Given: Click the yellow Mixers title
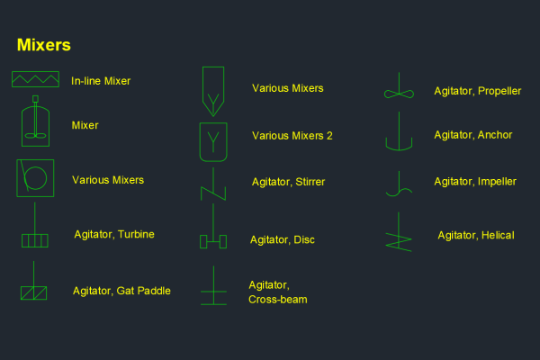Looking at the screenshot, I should [x=44, y=45].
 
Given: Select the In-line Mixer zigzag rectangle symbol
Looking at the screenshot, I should [x=35, y=80].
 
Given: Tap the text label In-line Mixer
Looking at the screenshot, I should [x=101, y=81].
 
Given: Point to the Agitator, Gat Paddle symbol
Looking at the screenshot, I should [x=33, y=288].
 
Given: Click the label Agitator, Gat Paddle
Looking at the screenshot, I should [x=121, y=291].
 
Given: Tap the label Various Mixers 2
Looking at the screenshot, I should [x=292, y=136].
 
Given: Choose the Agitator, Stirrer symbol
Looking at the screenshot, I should [x=212, y=184].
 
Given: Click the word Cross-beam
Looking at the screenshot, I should [x=277, y=300].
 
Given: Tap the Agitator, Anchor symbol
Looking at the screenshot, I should [x=398, y=135].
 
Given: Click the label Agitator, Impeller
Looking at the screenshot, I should [x=475, y=182].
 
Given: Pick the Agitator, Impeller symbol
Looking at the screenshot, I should [x=398, y=184].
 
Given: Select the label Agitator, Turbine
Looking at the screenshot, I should [x=114, y=235].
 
